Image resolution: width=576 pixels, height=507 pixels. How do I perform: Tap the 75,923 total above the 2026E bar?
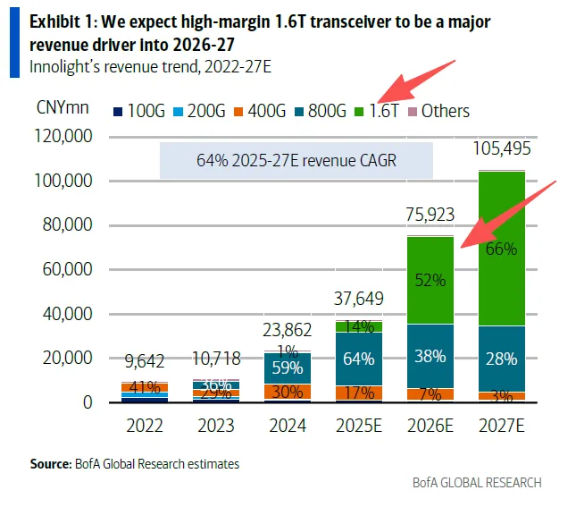click(x=431, y=215)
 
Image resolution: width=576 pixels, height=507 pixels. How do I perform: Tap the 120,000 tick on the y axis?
click(x=65, y=138)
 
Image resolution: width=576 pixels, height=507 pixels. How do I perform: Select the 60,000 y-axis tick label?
click(x=70, y=270)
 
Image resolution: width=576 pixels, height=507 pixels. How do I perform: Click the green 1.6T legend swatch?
click(x=360, y=112)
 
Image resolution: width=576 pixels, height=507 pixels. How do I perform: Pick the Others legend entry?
click(x=438, y=112)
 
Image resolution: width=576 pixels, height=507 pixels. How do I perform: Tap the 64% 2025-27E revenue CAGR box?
click(x=296, y=161)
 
